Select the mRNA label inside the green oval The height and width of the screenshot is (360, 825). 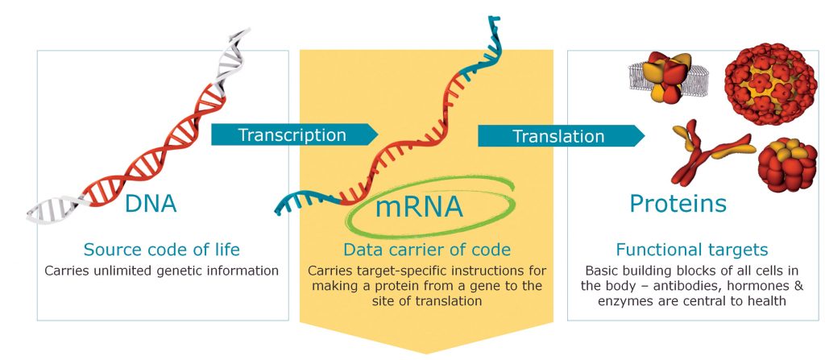pyautogui.click(x=419, y=207)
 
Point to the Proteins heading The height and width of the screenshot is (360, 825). pyautogui.click(x=678, y=203)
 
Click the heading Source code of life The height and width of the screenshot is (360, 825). pyautogui.click(x=162, y=250)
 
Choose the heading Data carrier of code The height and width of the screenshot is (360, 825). pyautogui.click(x=426, y=250)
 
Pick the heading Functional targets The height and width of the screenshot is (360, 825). pyautogui.click(x=691, y=250)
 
